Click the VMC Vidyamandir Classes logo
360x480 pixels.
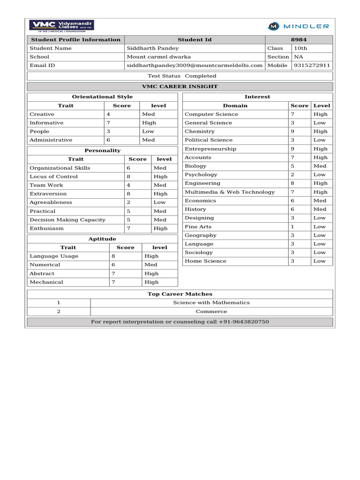62,26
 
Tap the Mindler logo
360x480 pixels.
298,26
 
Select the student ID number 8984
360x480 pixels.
299,40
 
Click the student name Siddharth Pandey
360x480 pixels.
153,48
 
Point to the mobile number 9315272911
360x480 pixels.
312,66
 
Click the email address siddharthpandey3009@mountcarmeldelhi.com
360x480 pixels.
195,66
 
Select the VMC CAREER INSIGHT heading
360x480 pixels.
180,87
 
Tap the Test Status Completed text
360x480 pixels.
182,76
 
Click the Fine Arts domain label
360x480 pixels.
198,227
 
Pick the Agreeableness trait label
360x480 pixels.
51,202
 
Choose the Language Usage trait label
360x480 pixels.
54,256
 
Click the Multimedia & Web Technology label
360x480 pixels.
230,192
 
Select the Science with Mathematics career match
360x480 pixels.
211,303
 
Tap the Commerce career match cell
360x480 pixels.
211,311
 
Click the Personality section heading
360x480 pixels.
102,150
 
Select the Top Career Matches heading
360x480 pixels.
180,294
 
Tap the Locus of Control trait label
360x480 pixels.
53,177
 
